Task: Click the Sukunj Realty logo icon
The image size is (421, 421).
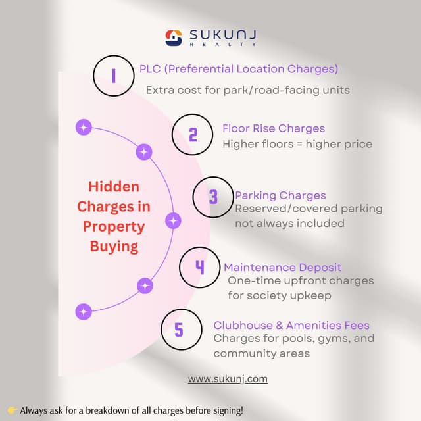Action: click(172, 37)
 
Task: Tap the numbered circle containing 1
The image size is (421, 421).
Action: click(114, 76)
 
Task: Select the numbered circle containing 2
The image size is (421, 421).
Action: click(193, 135)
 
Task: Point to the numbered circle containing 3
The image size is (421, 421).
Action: click(213, 197)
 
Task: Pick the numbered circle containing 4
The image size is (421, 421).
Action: click(200, 268)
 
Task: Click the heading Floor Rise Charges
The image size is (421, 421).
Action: click(274, 128)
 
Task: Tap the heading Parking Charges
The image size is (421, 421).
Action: click(280, 195)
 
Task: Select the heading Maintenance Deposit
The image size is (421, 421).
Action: click(282, 267)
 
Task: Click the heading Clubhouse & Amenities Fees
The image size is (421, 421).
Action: click(291, 325)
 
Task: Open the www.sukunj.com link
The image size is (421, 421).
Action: click(228, 379)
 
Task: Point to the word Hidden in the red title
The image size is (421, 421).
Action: click(114, 186)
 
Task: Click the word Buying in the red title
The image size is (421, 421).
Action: click(114, 247)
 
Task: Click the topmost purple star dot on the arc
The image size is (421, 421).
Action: click(84, 127)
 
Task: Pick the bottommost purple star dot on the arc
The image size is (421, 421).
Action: click(84, 311)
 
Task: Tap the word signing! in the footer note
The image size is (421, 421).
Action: click(224, 410)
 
